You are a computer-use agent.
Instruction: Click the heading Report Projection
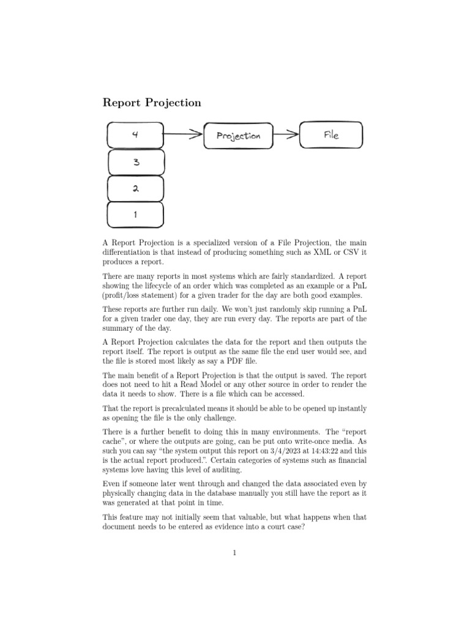(152, 103)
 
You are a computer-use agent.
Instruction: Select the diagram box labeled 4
(135, 134)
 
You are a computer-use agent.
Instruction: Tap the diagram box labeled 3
(135, 162)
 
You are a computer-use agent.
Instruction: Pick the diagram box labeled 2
(135, 188)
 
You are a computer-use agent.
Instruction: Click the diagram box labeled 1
(135, 215)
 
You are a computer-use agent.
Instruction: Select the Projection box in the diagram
(238, 136)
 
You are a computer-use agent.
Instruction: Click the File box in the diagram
(330, 135)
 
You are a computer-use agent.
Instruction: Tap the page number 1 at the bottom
(234, 554)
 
